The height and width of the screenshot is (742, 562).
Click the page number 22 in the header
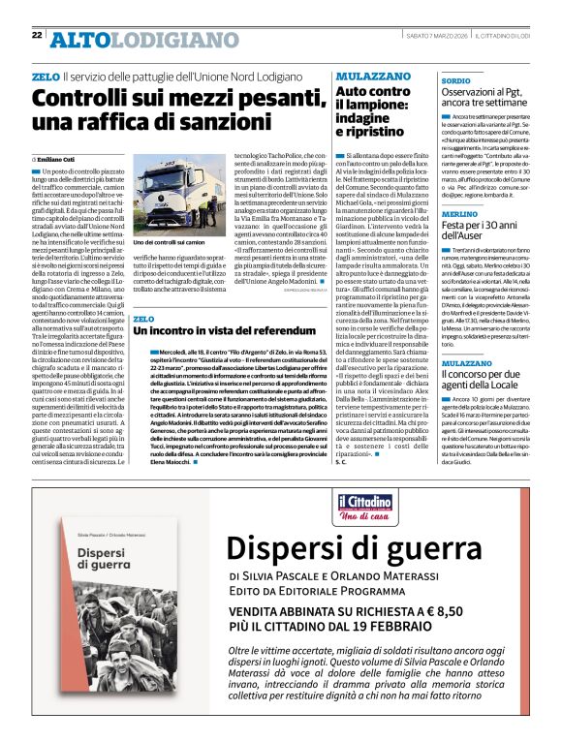[37, 35]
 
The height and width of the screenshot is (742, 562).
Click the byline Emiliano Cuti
[59, 158]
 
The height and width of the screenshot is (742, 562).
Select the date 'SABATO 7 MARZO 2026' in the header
[433, 35]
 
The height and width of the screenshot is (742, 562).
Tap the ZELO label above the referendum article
[143, 318]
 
